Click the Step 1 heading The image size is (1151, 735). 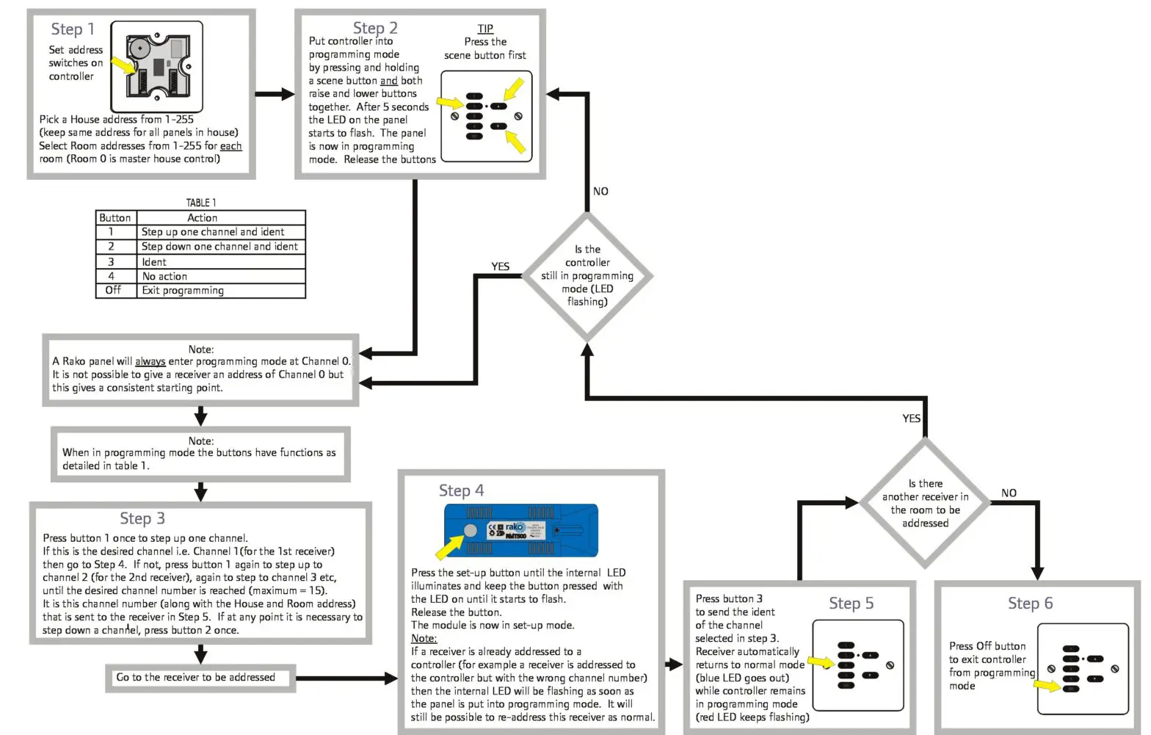(73, 29)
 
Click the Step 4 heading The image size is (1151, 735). (461, 490)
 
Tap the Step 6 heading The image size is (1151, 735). (1030, 604)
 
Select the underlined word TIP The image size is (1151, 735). (485, 29)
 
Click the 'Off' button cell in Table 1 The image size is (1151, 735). (113, 291)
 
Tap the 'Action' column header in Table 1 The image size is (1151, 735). (202, 218)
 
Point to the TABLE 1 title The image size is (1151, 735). (200, 203)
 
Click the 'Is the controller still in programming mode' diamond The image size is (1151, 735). (587, 276)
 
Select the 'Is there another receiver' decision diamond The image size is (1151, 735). (925, 504)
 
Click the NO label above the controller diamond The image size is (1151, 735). (600, 192)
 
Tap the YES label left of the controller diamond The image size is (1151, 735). (500, 267)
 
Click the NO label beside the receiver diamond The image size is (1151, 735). (1009, 493)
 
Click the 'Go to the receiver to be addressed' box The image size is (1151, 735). (196, 678)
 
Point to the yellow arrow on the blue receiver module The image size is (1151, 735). (449, 546)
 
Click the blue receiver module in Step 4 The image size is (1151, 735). (521, 530)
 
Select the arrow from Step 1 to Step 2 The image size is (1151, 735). (275, 94)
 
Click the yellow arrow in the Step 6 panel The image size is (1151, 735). (1047, 686)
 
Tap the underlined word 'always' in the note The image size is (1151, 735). (150, 361)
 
